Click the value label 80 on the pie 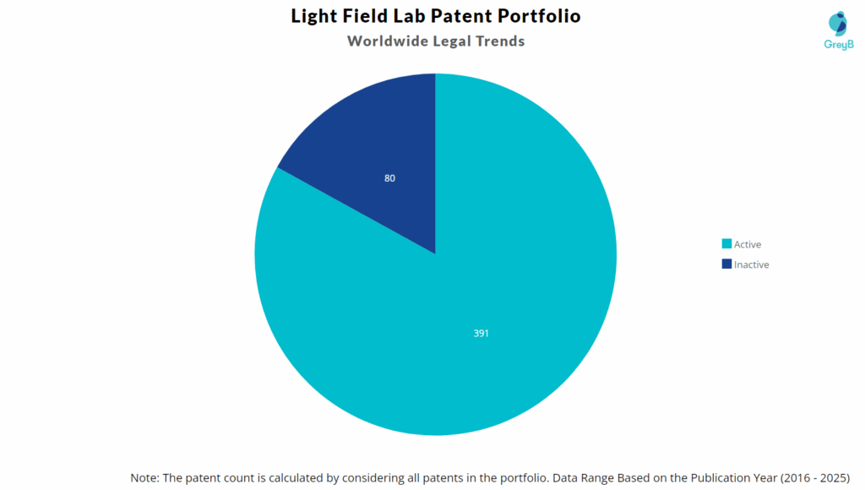pos(389,178)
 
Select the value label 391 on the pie pos(481,334)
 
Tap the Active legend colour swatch pos(726,244)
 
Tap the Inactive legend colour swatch pos(726,264)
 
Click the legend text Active pos(748,244)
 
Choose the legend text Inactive pos(752,264)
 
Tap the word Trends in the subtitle pos(498,41)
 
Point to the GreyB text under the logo pos(838,44)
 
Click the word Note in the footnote pos(145,477)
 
